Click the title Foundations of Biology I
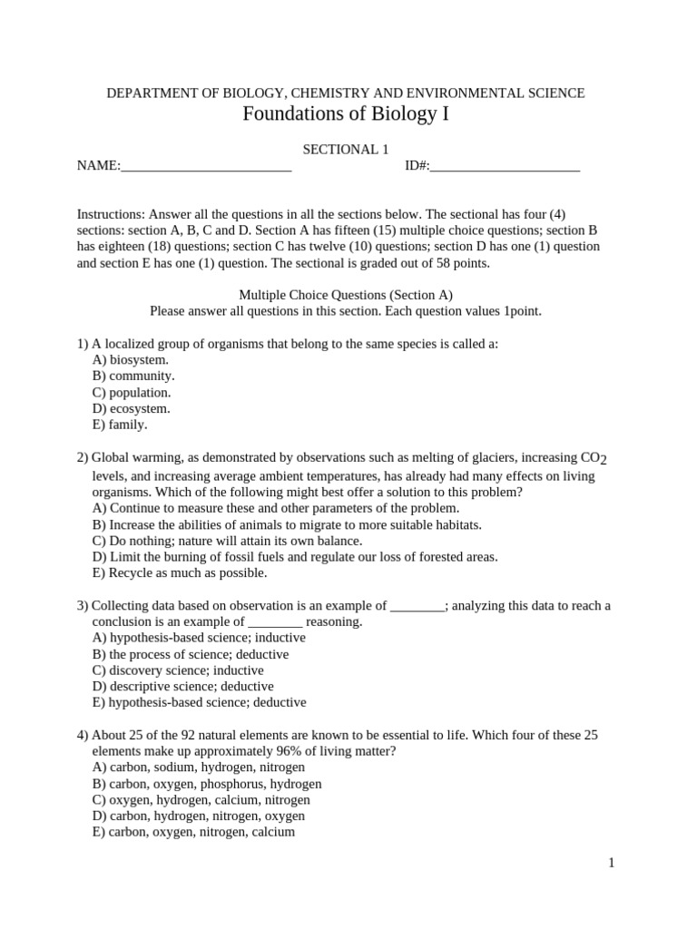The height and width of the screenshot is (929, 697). [345, 114]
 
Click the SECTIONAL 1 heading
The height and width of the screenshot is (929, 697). [345, 150]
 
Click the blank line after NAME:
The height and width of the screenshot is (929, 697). [206, 166]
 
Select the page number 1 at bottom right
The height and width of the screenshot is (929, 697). [612, 863]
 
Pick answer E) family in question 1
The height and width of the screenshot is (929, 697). [120, 424]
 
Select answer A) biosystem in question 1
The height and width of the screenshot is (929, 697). [131, 360]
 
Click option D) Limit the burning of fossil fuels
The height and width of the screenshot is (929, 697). [295, 557]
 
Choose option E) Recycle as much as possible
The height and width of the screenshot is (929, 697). [180, 573]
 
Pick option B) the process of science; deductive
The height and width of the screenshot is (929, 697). [191, 654]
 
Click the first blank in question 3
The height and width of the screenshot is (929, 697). [417, 606]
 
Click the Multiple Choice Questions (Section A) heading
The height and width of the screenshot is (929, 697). [345, 295]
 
